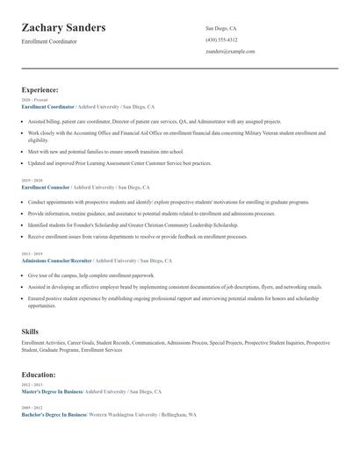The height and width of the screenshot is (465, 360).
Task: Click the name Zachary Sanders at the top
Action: [x=63, y=28]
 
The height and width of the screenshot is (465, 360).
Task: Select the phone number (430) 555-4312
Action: [x=221, y=39]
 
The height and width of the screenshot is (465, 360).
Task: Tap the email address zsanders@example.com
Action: [x=230, y=51]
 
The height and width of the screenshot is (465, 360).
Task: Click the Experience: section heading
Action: [x=40, y=89]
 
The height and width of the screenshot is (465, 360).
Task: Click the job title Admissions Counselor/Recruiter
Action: [x=56, y=261]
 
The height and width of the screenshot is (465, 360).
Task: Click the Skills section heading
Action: [x=30, y=331]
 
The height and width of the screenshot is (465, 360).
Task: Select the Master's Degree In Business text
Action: [x=52, y=390]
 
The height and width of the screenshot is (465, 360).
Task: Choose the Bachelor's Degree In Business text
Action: [x=53, y=414]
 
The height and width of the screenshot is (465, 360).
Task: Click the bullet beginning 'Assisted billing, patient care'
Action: [x=140, y=121]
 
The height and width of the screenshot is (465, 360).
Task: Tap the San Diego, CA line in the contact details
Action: [x=220, y=28]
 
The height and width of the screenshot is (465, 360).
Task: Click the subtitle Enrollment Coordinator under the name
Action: [x=49, y=41]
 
